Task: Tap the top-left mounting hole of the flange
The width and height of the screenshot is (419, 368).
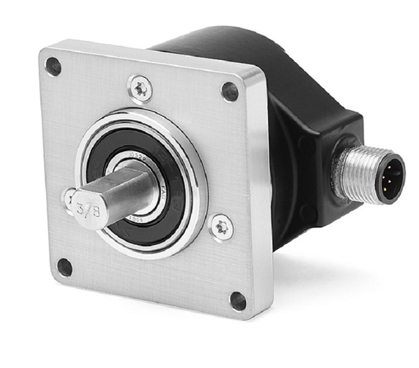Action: pyautogui.click(x=53, y=67)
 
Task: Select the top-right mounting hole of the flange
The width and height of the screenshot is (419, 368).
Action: pyautogui.click(x=230, y=91)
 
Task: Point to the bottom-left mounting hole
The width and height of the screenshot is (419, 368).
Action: pyautogui.click(x=65, y=267)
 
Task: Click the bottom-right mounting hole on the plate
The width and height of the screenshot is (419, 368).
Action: pyautogui.click(x=237, y=300)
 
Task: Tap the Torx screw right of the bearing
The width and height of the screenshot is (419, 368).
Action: pyautogui.click(x=221, y=228)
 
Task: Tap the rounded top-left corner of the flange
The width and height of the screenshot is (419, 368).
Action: pyautogui.click(x=43, y=54)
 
